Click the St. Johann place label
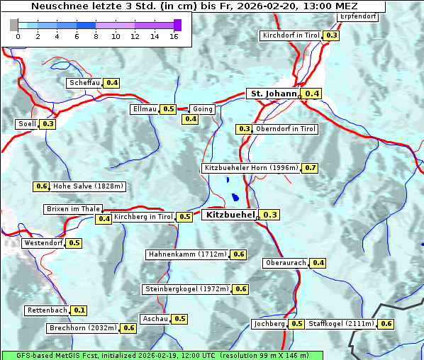(x=273, y=94)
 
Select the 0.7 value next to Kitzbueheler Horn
(x=310, y=168)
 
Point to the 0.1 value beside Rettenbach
(x=79, y=310)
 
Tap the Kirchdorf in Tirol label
(x=291, y=35)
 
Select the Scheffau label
(x=84, y=83)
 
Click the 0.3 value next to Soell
(x=48, y=124)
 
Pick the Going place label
(x=202, y=109)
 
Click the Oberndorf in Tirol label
(x=286, y=129)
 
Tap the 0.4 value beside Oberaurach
(x=318, y=263)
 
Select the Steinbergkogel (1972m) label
(x=187, y=289)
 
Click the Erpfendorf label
(x=358, y=16)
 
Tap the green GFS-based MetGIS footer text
(x=162, y=354)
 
